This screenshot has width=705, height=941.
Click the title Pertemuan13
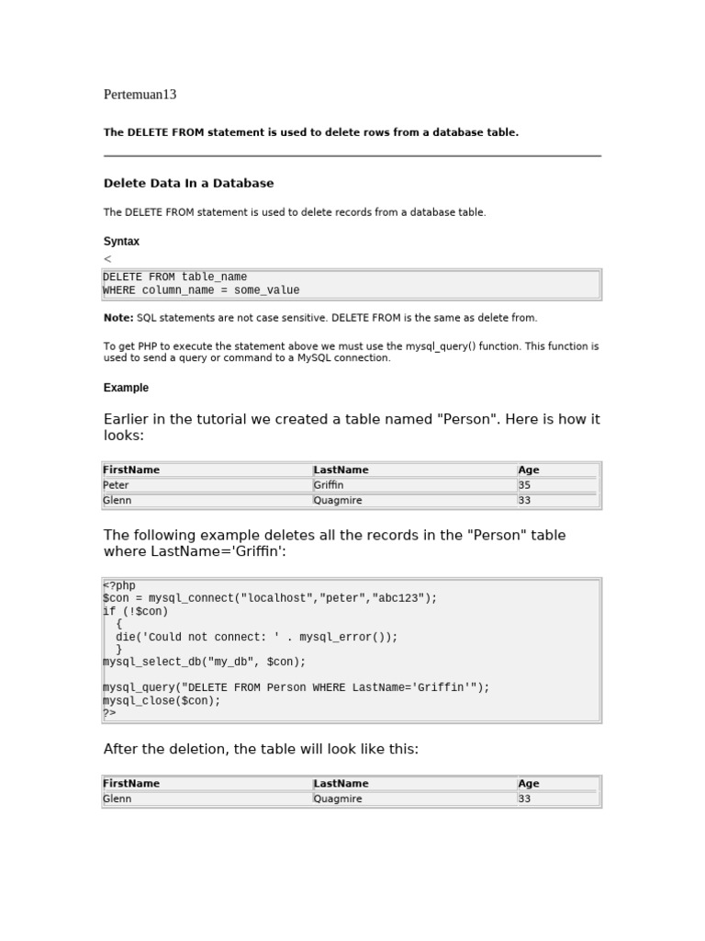pos(140,95)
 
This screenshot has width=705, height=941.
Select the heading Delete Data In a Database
pos(188,184)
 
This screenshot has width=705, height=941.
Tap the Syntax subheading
pos(121,242)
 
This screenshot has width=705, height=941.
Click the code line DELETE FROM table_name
pos(174,277)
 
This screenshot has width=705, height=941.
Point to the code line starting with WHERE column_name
pos(201,290)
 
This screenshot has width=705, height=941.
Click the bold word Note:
pos(118,318)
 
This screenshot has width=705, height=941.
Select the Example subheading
pos(126,388)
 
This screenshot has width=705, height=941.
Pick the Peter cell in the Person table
pos(116,485)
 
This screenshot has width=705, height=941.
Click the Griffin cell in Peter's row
pos(329,485)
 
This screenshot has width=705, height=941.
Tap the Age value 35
pos(524,485)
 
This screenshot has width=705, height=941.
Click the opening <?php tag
pos(118,585)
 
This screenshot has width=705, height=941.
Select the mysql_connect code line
pos(270,598)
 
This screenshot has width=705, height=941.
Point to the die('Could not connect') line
pos(256,637)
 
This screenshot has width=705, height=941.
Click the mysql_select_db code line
pos(204,662)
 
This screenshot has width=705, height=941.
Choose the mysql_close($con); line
pos(162,700)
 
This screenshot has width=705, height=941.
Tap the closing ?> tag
pos(109,713)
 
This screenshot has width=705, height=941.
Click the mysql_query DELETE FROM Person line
pos(296,687)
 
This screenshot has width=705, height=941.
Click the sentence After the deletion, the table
pos(261,750)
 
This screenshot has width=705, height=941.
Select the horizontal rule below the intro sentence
pos(352,156)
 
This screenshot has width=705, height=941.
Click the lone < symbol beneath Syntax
pos(107,260)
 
